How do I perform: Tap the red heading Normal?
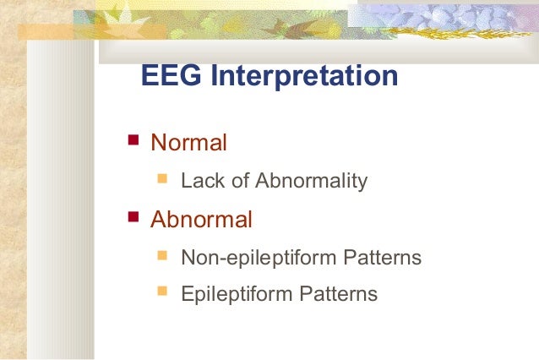pyautogui.click(x=188, y=143)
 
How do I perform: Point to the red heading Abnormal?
pyautogui.click(x=201, y=221)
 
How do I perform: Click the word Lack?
pyautogui.click(x=200, y=181)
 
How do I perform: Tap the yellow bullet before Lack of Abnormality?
pyautogui.click(x=162, y=178)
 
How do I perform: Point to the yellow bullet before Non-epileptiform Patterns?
pyautogui.click(x=162, y=255)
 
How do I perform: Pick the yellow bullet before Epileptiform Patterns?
pyautogui.click(x=162, y=292)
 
